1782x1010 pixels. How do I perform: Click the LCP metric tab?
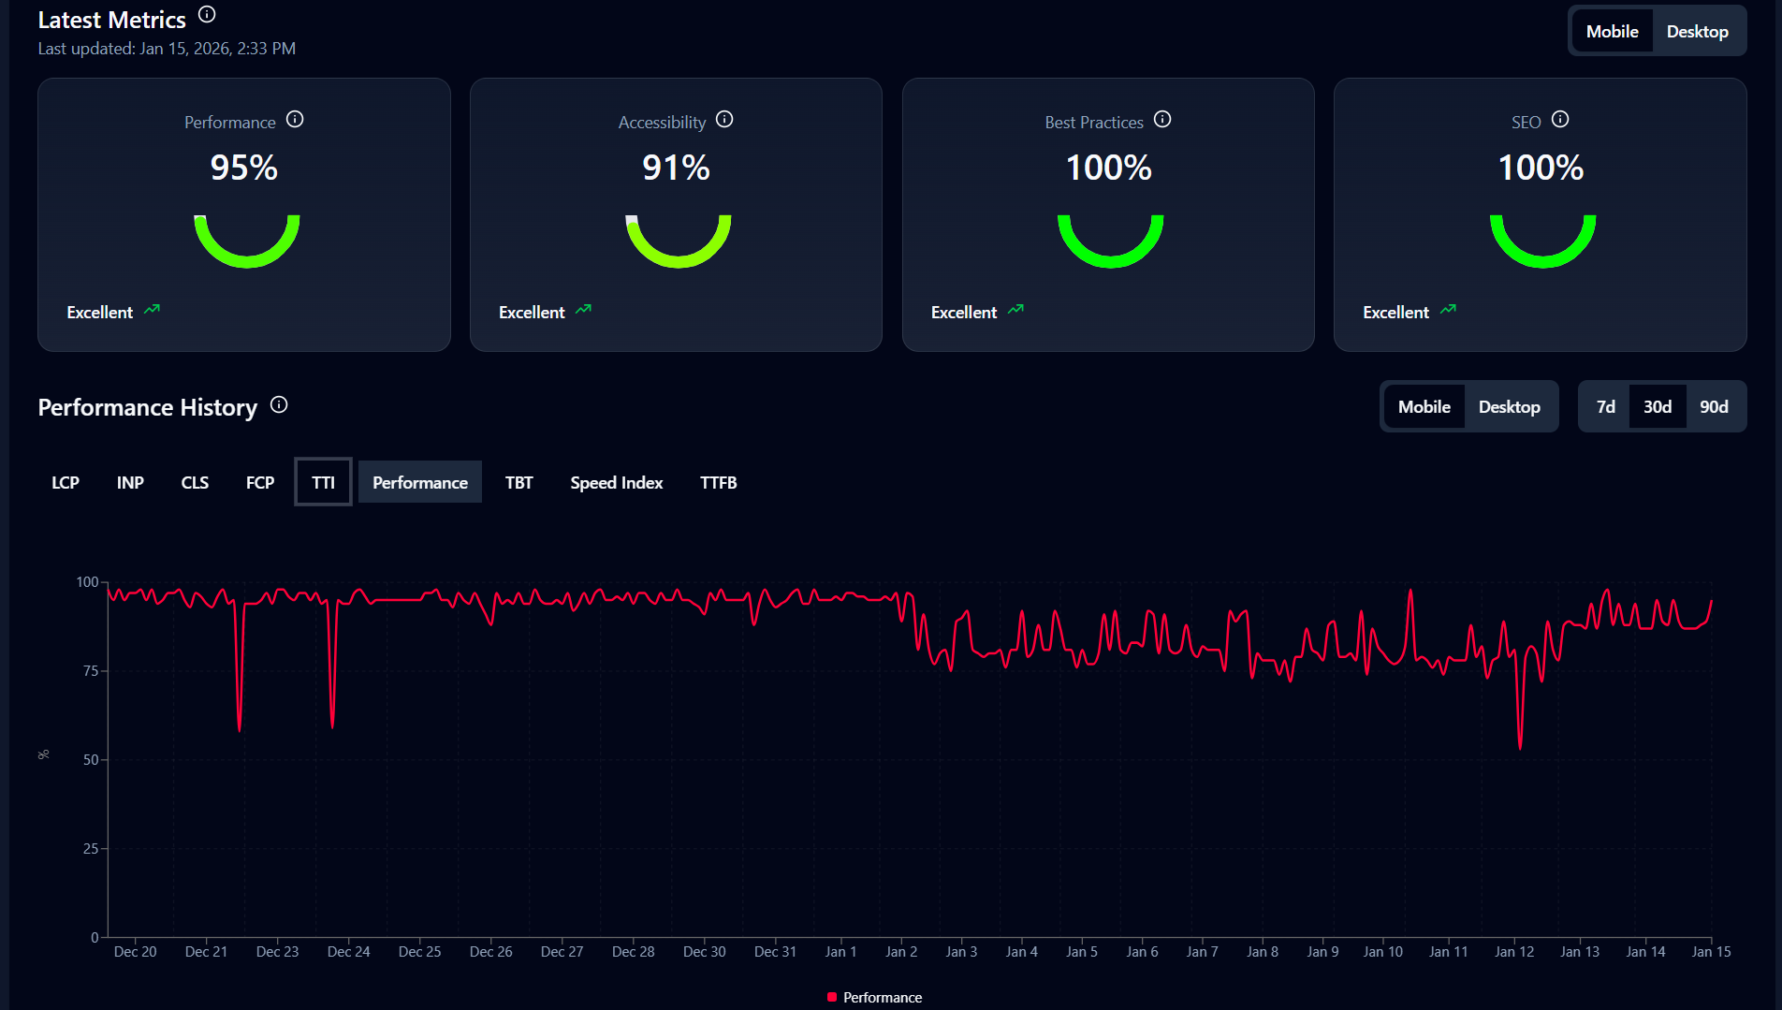pos(66,482)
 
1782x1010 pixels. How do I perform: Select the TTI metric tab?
pos(323,482)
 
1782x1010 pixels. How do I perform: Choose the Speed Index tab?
pos(616,482)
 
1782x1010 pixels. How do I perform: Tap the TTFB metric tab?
pos(718,482)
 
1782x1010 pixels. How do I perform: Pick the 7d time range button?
pos(1605,406)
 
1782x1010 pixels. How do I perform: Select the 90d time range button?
pos(1714,406)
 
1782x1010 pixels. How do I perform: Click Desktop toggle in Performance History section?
pos(1509,406)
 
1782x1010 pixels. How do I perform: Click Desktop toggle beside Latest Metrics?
pos(1697,31)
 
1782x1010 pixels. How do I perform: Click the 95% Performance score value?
pos(243,168)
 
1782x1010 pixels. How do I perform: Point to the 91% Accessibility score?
pos(676,168)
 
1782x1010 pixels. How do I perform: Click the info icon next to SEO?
pos(1560,119)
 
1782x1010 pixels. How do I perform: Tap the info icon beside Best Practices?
pos(1162,119)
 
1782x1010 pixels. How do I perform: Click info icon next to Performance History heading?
pos(279,404)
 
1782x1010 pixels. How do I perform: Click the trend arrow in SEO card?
pos(1448,309)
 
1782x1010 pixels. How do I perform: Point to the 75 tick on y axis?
pos(91,670)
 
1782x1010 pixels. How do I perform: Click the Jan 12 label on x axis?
pos(1513,951)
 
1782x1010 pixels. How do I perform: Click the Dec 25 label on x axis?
pos(419,951)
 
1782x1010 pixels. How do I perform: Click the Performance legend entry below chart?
pos(875,997)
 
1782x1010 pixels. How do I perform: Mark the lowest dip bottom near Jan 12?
pos(1520,748)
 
